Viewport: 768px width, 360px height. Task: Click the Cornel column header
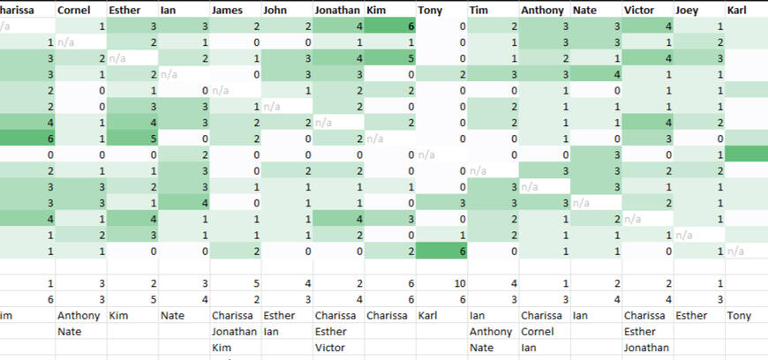(x=73, y=11)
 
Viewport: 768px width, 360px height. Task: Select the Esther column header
(x=124, y=11)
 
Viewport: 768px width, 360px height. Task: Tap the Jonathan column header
(x=337, y=11)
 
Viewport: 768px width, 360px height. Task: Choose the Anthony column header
(x=541, y=11)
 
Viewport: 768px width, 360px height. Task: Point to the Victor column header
(x=639, y=11)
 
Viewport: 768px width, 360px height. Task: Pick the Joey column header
(x=689, y=11)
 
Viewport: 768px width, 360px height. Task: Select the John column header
(x=275, y=11)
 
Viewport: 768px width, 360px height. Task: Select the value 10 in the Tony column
(x=459, y=283)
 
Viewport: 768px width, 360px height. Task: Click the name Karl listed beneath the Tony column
(x=429, y=315)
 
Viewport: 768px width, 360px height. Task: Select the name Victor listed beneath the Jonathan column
(x=329, y=348)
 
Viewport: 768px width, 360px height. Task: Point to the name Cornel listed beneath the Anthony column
(x=537, y=332)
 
